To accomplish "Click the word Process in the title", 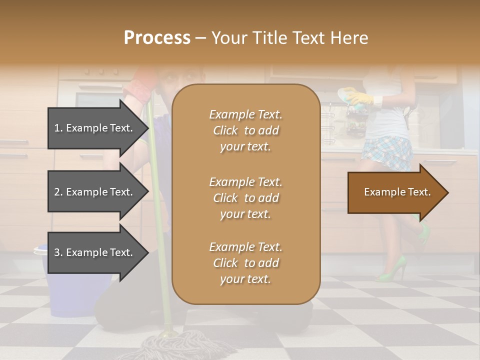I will (157, 38).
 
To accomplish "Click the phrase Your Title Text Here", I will (290, 38).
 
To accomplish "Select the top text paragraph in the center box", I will (245, 130).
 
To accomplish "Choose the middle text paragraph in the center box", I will (245, 198).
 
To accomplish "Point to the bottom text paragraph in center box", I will (245, 263).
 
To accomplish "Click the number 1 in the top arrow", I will (57, 128).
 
